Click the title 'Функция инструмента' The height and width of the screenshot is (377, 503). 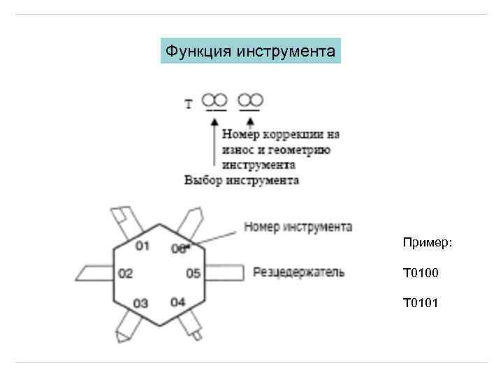pyautogui.click(x=251, y=51)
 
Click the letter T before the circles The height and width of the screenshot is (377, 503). pyautogui.click(x=189, y=105)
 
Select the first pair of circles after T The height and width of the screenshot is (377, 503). pyautogui.click(x=215, y=99)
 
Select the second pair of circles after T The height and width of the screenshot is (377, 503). pyautogui.click(x=250, y=99)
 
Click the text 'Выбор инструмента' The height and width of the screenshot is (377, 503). pyautogui.click(x=242, y=180)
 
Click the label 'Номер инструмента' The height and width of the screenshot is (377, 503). pyautogui.click(x=298, y=227)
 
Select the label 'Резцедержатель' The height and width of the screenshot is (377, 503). pyautogui.click(x=298, y=272)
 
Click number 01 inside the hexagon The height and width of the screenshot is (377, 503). pyautogui.click(x=143, y=245)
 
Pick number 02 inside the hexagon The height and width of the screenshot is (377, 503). pyautogui.click(x=125, y=273)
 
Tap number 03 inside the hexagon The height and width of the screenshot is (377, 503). pyautogui.click(x=141, y=303)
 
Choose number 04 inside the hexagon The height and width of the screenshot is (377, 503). pyautogui.click(x=177, y=302)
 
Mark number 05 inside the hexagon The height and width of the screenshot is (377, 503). pyautogui.click(x=194, y=273)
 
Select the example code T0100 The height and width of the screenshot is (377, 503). pyautogui.click(x=421, y=272)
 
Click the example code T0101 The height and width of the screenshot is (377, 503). pyautogui.click(x=421, y=302)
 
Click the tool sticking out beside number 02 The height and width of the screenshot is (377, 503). pyautogui.click(x=91, y=272)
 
